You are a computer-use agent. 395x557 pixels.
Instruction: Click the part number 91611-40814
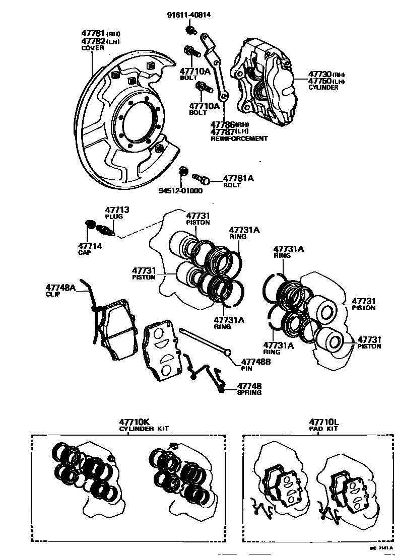[188, 15]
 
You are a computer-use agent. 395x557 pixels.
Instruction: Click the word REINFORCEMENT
[239, 138]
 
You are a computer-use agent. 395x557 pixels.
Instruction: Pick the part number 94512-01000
[180, 191]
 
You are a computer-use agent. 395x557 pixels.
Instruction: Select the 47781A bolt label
[238, 179]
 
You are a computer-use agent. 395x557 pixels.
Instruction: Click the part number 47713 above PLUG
[117, 210]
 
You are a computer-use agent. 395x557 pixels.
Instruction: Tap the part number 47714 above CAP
[90, 246]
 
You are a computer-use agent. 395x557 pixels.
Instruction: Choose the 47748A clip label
[60, 288]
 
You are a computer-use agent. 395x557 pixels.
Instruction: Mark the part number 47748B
[255, 362]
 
